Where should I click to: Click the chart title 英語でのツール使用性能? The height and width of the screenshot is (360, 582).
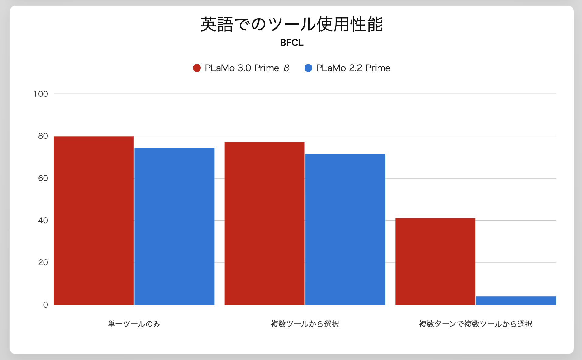tap(291, 24)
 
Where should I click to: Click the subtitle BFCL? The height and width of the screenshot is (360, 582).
tap(291, 43)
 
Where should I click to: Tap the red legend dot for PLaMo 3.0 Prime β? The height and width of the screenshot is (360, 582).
tap(197, 68)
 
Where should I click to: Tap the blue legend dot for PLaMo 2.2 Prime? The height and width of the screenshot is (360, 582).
tap(308, 68)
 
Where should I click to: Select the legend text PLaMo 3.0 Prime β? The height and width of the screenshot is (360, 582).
tap(247, 68)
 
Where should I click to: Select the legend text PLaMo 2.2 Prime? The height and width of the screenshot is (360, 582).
tap(353, 68)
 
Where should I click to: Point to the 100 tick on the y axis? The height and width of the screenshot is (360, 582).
tap(41, 94)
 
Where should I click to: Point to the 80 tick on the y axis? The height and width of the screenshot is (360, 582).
tap(43, 136)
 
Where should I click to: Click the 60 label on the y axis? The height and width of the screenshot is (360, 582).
tap(43, 178)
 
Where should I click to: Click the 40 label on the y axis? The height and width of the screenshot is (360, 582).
tap(43, 220)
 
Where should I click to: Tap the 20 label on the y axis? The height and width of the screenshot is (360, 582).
tap(43, 262)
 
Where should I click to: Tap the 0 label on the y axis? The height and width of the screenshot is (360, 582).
tap(45, 305)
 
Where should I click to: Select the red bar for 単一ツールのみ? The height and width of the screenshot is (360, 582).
tap(93, 221)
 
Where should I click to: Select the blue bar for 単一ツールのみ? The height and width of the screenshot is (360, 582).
tap(174, 226)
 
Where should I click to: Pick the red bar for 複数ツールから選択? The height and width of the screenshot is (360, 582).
tap(264, 223)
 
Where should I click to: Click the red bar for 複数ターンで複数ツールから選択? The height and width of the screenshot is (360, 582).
tap(435, 261)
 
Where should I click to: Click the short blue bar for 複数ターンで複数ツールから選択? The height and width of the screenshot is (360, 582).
tap(516, 301)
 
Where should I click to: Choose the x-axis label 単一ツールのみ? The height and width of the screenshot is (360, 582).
tap(134, 324)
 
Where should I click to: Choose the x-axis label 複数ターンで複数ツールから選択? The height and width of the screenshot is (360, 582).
tap(476, 324)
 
